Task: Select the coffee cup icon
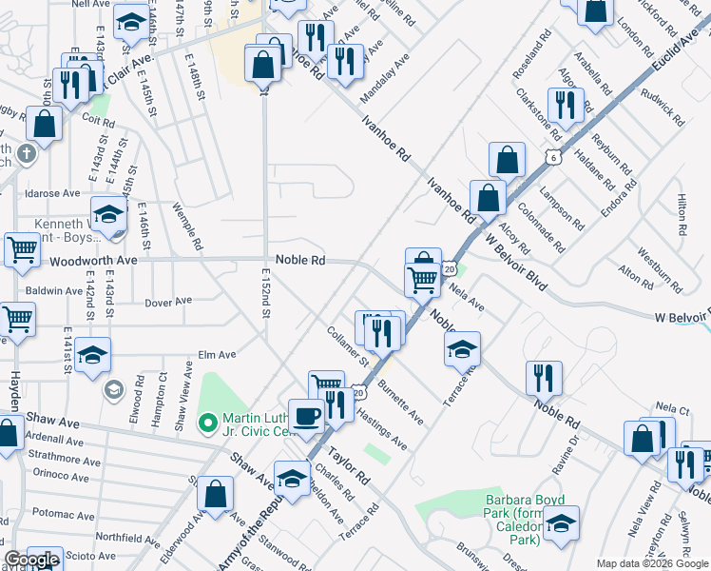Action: point(306,416)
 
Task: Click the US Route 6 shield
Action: point(552,155)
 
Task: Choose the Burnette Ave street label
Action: point(400,403)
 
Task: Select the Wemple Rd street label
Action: point(187,226)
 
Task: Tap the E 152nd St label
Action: point(265,294)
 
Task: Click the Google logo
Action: point(31,561)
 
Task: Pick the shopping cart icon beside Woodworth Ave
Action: point(22,250)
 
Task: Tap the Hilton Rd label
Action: point(681,215)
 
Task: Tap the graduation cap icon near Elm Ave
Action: point(93,356)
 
